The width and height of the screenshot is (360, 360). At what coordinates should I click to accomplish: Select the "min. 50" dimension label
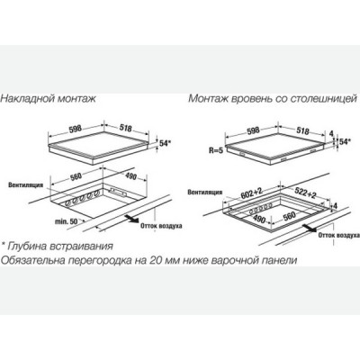point(66,221)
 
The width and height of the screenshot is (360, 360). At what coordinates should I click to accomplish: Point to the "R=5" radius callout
point(216,150)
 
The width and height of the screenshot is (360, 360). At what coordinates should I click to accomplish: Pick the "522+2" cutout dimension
point(305,193)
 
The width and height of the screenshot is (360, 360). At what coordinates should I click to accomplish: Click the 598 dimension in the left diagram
point(76,129)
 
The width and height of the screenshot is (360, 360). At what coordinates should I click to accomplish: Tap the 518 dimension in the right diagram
point(303,130)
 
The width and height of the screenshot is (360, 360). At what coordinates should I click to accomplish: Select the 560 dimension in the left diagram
point(76,177)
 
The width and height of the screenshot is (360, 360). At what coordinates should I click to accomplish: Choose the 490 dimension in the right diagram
point(258,220)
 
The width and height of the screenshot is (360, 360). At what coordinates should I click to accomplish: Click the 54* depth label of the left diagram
point(165,143)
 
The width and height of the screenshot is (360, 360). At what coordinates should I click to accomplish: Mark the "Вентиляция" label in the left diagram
point(25,185)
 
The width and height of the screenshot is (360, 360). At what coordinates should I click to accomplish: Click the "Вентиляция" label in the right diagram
point(205,192)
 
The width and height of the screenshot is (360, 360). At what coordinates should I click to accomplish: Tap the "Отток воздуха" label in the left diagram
point(161,226)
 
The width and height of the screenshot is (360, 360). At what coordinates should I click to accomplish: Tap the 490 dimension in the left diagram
point(130,177)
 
